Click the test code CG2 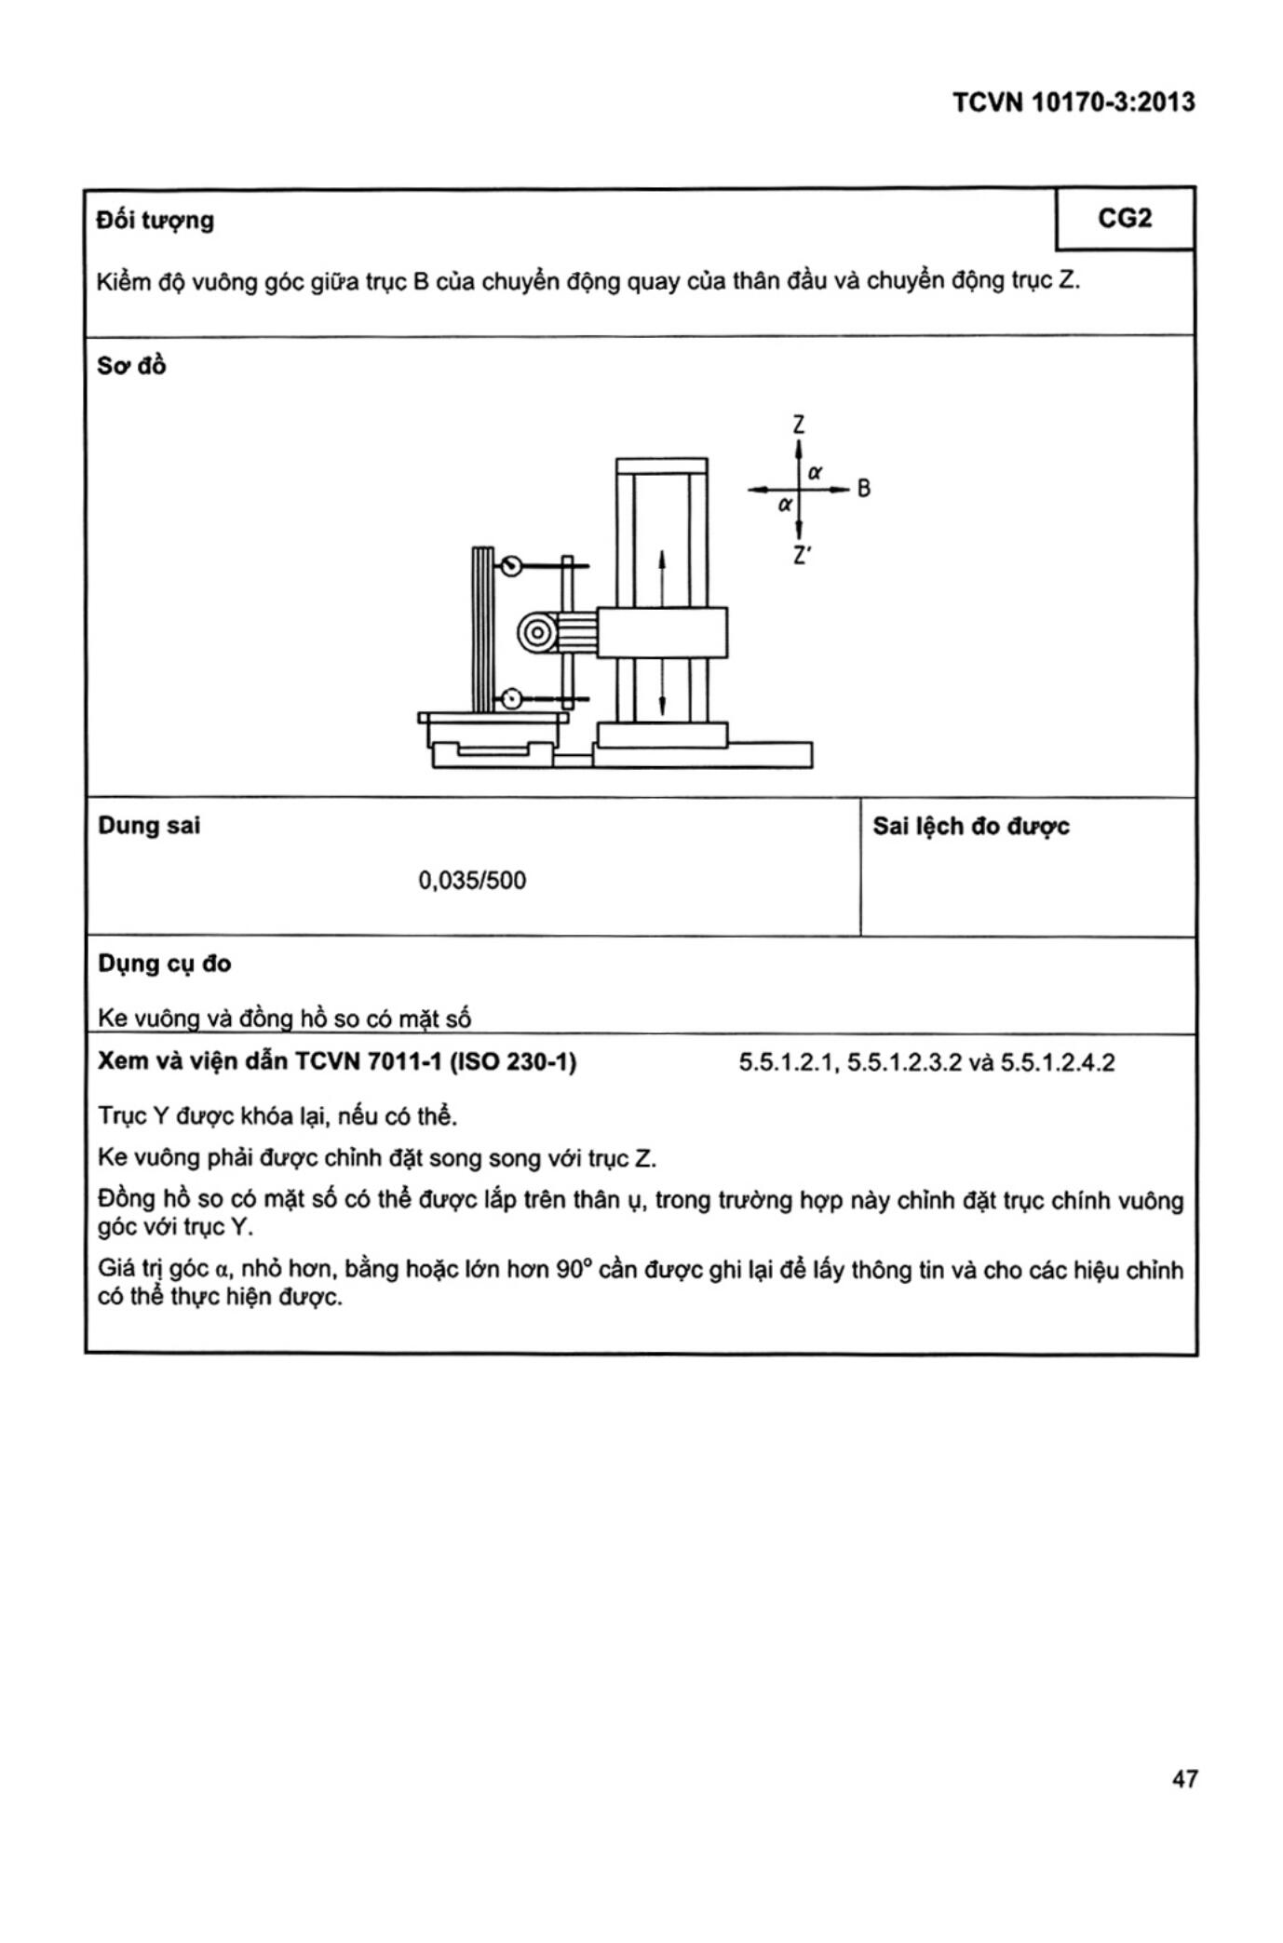1125,219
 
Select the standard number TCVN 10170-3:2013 1074,102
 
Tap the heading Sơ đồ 131,366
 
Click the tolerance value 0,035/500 472,881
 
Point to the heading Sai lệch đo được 970,827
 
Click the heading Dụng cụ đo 165,964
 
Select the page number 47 1184,1779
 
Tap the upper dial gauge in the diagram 510,565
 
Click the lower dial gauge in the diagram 510,698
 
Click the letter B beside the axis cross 863,488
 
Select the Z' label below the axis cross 801,555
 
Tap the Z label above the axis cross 799,425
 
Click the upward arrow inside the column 662,568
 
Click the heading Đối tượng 155,221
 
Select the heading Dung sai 149,826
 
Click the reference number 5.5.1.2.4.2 1057,1063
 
